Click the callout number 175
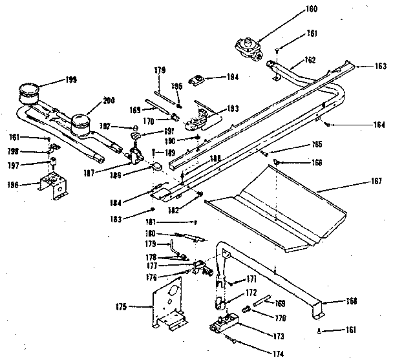pyautogui.click(x=121, y=306)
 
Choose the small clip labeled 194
pyautogui.click(x=198, y=81)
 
